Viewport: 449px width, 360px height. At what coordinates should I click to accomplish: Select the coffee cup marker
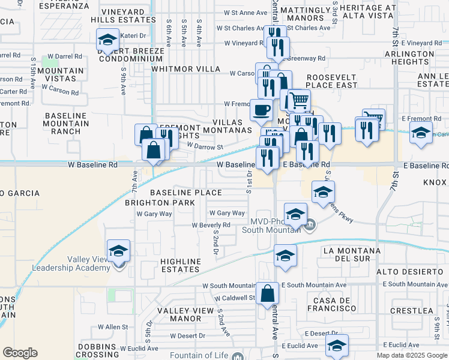pyautogui.click(x=261, y=110)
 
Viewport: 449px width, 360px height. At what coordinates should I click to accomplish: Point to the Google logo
pyautogui.click(x=20, y=353)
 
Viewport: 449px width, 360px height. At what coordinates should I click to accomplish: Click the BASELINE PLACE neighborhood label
pyautogui.click(x=185, y=193)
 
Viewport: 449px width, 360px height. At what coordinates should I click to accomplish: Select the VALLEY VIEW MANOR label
pyautogui.click(x=185, y=314)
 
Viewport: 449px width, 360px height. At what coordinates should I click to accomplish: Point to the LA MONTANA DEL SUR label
pyautogui.click(x=351, y=254)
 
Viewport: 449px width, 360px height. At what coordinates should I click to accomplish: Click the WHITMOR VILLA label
pyautogui.click(x=186, y=69)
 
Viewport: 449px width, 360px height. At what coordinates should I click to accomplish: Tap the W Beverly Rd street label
pyautogui.click(x=211, y=225)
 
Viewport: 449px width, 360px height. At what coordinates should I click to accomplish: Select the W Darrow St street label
pyautogui.click(x=205, y=146)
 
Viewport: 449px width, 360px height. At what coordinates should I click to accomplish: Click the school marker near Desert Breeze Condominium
pyautogui.click(x=107, y=40)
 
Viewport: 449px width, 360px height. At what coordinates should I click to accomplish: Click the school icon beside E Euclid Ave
pyautogui.click(x=337, y=345)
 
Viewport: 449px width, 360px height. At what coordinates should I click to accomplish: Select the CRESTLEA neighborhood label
pyautogui.click(x=411, y=311)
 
